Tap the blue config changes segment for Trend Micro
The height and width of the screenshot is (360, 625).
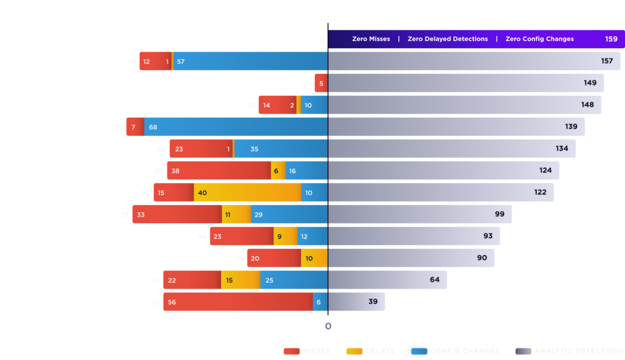pyautogui.click(x=236, y=127)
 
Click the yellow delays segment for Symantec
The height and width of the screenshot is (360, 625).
pyautogui.click(x=247, y=193)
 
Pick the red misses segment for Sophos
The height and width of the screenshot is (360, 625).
pyautogui.click(x=238, y=302)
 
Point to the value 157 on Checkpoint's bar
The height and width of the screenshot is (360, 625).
pyautogui.click(x=607, y=61)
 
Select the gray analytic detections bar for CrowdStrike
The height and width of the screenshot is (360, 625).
pyautogui.click(x=388, y=280)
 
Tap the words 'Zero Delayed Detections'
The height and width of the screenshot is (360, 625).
pyautogui.click(x=447, y=39)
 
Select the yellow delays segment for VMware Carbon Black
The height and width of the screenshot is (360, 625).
pyautogui.click(x=314, y=258)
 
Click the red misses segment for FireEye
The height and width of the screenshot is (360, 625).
pyautogui.click(x=219, y=171)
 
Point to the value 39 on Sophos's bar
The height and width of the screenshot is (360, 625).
pyautogui.click(x=372, y=302)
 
